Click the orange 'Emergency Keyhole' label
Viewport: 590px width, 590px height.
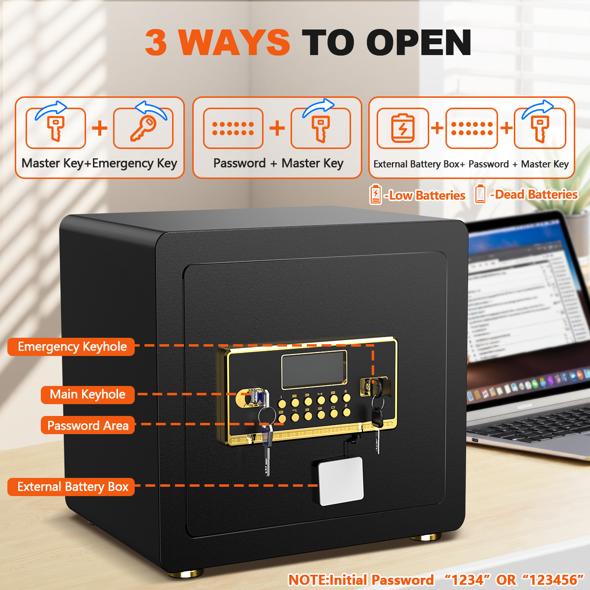(72, 347)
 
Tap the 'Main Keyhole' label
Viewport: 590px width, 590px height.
(88, 394)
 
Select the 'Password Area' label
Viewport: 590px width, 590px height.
(88, 426)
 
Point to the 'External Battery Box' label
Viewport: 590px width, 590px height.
(72, 487)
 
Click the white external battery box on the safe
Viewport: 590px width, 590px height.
(341, 481)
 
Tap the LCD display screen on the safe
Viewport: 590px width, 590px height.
(314, 369)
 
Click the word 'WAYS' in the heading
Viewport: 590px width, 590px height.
(235, 42)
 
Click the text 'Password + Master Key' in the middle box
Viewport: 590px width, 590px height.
(278, 163)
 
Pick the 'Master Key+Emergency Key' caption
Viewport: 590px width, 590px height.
(99, 163)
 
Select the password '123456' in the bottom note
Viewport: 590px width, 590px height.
(553, 580)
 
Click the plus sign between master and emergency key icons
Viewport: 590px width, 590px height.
(100, 128)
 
